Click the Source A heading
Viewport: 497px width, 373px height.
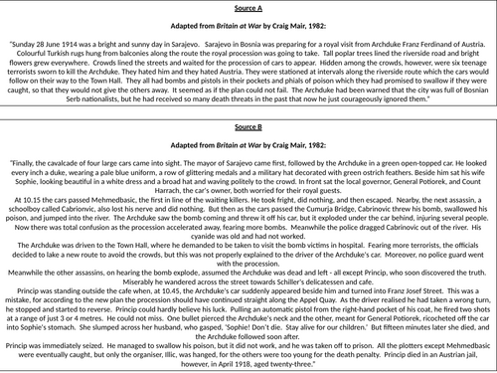[248, 6]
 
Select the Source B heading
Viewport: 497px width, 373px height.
[248, 149]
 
